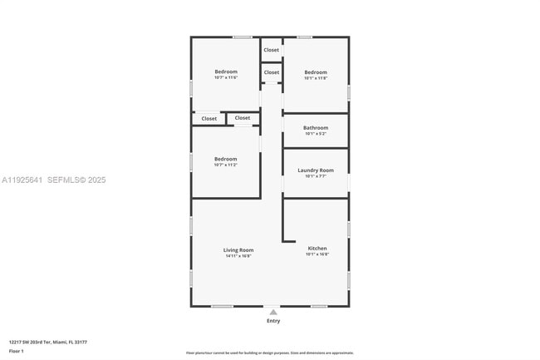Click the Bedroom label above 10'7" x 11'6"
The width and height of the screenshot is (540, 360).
click(x=226, y=72)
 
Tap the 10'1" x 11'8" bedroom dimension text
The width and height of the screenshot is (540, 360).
click(x=316, y=78)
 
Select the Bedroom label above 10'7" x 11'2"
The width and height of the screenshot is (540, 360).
click(x=226, y=159)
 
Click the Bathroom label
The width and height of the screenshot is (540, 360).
click(x=316, y=128)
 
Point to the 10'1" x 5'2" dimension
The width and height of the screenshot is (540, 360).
click(x=316, y=134)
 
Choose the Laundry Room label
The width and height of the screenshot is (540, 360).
click(x=316, y=170)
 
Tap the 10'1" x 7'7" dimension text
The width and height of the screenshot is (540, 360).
click(x=316, y=176)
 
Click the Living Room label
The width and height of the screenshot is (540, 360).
click(x=238, y=250)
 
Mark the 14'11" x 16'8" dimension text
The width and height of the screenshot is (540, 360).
click(x=238, y=256)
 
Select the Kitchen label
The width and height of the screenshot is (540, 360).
click(x=317, y=249)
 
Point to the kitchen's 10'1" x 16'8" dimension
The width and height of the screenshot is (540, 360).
click(x=317, y=254)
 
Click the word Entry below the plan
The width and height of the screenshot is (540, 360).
click(x=273, y=321)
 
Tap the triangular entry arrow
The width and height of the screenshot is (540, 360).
click(x=273, y=313)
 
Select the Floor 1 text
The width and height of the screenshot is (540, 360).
click(x=17, y=352)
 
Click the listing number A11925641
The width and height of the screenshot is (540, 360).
click(x=22, y=180)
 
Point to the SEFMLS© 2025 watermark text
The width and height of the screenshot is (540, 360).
click(x=76, y=180)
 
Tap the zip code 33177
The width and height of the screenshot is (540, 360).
click(x=81, y=342)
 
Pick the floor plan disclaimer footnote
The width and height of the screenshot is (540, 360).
click(x=269, y=353)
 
